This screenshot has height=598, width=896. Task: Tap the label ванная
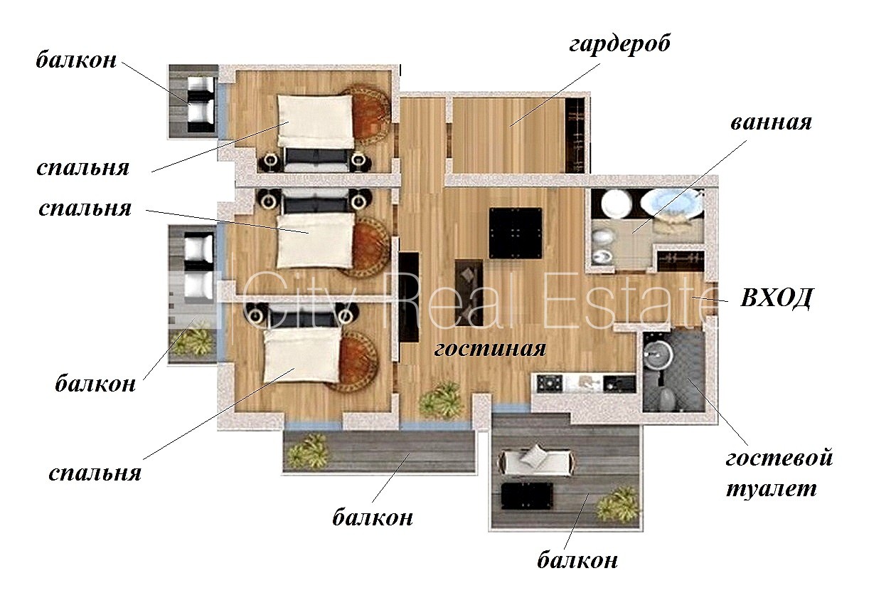coord(771,122)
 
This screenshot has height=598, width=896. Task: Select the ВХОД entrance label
coord(776,298)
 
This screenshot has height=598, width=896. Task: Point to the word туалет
coord(771,489)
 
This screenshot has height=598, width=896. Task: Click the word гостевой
coord(779,458)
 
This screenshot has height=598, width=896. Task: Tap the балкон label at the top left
coord(76,60)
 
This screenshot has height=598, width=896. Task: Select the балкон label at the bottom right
coord(577,560)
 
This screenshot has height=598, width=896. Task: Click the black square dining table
coord(516,233)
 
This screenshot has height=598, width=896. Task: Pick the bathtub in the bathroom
coord(671,204)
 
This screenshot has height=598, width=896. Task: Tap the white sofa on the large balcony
coord(536,462)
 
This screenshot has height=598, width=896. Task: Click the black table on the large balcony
coord(527,496)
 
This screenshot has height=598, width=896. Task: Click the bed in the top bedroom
coord(316,120)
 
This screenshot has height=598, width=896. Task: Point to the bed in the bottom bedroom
coord(302,355)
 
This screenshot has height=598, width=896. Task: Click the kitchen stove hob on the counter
coord(549,383)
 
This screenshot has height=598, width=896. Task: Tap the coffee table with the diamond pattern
coord(469,293)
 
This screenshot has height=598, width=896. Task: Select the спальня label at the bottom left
coord(95,474)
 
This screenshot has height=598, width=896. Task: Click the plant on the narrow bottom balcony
coord(309,451)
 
